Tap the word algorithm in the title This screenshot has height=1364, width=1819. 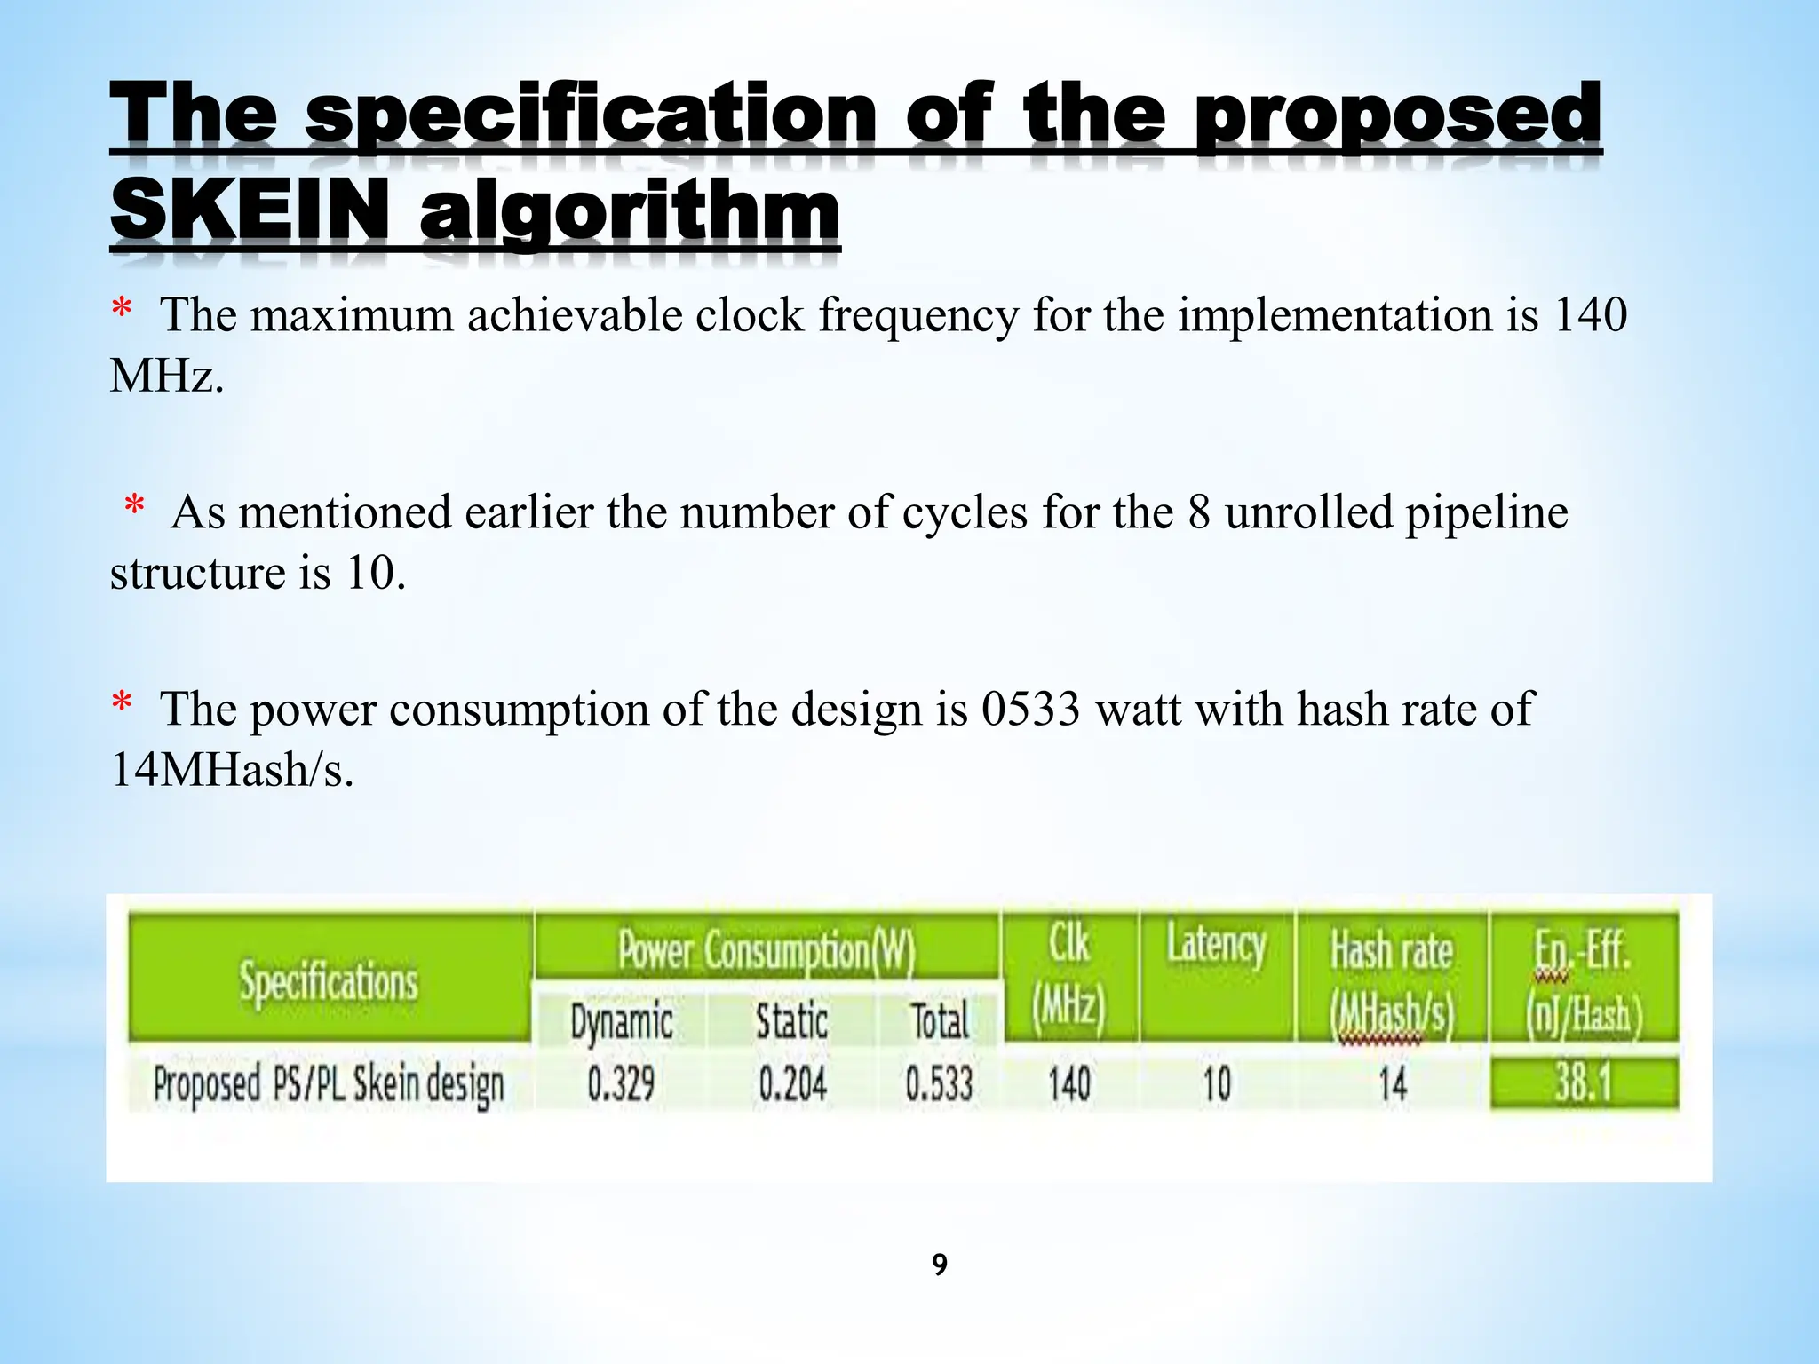tap(629, 213)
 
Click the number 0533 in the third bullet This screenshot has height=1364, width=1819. tap(1031, 710)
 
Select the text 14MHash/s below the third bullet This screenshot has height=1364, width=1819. tap(232, 769)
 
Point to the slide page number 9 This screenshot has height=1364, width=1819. tap(940, 1264)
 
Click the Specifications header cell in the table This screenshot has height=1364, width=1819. tap(329, 981)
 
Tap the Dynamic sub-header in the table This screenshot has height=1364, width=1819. tap(621, 1022)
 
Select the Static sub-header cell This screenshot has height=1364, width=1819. tap(791, 1021)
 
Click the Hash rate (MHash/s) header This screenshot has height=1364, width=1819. tap(1392, 981)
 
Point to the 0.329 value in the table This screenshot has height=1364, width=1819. tap(621, 1084)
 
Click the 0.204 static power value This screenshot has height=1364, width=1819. tap(792, 1084)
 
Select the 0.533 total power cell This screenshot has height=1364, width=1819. tap(939, 1084)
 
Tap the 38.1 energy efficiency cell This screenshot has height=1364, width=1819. tap(1584, 1083)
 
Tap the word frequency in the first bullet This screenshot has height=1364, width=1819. tap(918, 316)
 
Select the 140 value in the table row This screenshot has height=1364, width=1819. tap(1068, 1084)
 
